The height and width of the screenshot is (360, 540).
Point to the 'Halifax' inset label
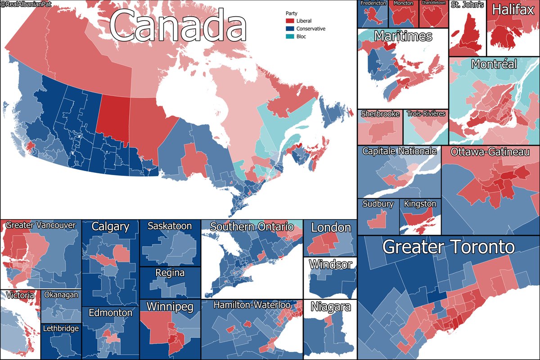pyautogui.click(x=513, y=10)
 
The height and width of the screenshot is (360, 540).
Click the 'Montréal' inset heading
pyautogui.click(x=494, y=64)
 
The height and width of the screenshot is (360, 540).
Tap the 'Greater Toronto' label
pyautogui.click(x=448, y=247)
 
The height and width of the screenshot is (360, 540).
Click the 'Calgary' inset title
pyautogui.click(x=110, y=227)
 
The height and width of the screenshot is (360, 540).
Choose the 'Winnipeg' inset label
pyautogui.click(x=170, y=307)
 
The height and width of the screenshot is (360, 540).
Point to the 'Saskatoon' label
pyautogui.click(x=170, y=226)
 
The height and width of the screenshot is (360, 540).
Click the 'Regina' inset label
pyautogui.click(x=170, y=273)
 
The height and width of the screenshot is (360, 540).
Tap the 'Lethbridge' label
pyautogui.click(x=61, y=328)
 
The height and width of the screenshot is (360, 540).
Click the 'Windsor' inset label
pyautogui.click(x=330, y=264)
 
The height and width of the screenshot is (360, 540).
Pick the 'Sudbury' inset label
pyautogui.click(x=378, y=204)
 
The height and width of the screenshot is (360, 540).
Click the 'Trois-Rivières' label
pyautogui.click(x=425, y=114)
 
